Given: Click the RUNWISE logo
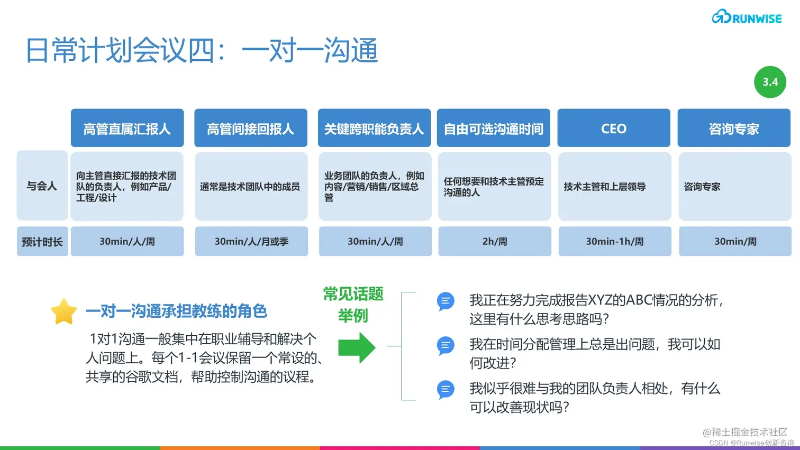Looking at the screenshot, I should (x=747, y=17).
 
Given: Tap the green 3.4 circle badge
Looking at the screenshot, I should (x=770, y=82).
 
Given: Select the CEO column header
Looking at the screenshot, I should (x=614, y=128).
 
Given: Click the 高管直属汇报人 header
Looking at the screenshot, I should (x=127, y=128).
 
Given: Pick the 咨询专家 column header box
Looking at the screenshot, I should (x=734, y=128).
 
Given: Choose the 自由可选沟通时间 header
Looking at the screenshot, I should (x=493, y=128).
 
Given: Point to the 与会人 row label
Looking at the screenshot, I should (x=42, y=186).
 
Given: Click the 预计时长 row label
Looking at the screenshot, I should (x=42, y=242).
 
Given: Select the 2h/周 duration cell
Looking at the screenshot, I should (x=494, y=242).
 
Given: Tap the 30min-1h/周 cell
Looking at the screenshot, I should (x=615, y=242).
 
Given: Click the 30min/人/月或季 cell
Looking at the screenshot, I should (x=251, y=242).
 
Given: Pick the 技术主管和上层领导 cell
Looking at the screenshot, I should (x=614, y=187).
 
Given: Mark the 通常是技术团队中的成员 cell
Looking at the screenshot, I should (x=251, y=187).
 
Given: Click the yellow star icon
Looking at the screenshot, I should (x=63, y=311).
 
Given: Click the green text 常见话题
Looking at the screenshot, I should (x=353, y=294).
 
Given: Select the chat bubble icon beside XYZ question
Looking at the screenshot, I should (x=446, y=301).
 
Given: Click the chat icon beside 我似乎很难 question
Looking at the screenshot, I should (x=446, y=390).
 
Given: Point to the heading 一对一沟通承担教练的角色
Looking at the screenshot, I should (x=176, y=311).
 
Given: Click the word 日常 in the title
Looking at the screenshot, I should (x=51, y=51).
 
